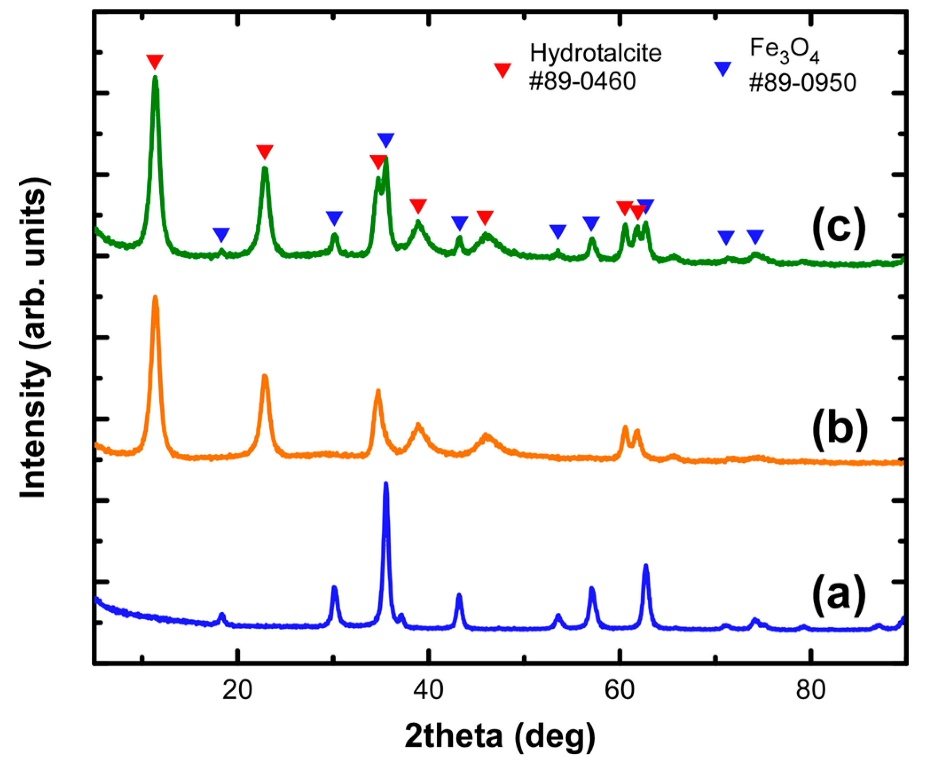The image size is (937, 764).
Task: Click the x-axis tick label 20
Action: [x=238, y=690]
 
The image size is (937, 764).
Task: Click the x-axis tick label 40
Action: [x=428, y=690]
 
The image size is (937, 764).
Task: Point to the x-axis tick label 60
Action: [x=619, y=690]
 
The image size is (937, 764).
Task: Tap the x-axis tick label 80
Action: [x=810, y=690]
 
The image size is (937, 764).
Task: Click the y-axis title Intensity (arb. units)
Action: [x=34, y=337]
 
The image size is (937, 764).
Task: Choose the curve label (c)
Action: [x=838, y=228]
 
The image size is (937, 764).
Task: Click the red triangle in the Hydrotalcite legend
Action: [x=502, y=70]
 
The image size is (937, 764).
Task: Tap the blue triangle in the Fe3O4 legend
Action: [x=722, y=68]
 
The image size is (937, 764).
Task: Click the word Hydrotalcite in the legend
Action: [x=595, y=53]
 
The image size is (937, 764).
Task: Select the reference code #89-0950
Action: [x=802, y=83]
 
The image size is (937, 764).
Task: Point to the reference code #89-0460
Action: [x=582, y=82]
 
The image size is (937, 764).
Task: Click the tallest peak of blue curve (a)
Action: [x=385, y=484]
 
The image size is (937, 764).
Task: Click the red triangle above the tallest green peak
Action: [x=155, y=61]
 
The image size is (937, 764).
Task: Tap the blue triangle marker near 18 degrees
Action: [x=221, y=234]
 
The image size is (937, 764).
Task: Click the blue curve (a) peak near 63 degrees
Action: [x=645, y=567]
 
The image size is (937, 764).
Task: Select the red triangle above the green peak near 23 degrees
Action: [x=265, y=151]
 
